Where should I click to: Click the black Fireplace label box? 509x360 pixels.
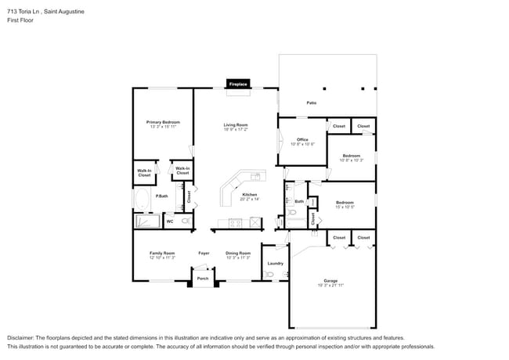tap(239, 84)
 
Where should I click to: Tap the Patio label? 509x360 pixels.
tap(312, 103)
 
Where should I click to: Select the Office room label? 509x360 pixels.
tap(302, 141)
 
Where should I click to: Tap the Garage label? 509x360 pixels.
tap(330, 281)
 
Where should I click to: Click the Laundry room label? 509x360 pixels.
tap(275, 263)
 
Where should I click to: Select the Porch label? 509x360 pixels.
tap(203, 279)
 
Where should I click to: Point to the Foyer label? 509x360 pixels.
tap(204, 254)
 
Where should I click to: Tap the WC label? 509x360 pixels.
tap(169, 222)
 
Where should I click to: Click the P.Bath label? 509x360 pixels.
tap(162, 196)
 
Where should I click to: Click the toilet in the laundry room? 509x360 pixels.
tap(269, 274)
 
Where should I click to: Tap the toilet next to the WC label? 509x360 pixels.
tap(186, 221)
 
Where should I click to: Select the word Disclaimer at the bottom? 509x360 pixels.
tap(23, 337)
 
